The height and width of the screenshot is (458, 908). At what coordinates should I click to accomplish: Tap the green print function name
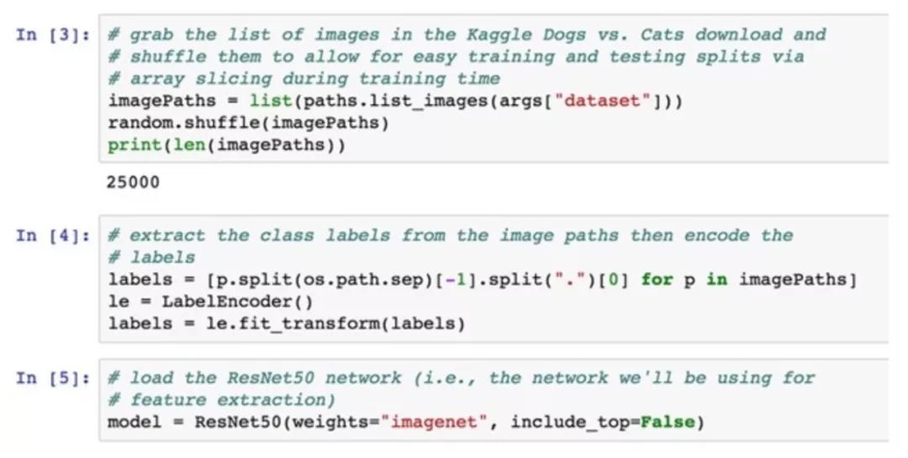[134, 145]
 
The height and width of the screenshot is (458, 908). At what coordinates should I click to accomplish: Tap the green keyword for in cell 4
[657, 279]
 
